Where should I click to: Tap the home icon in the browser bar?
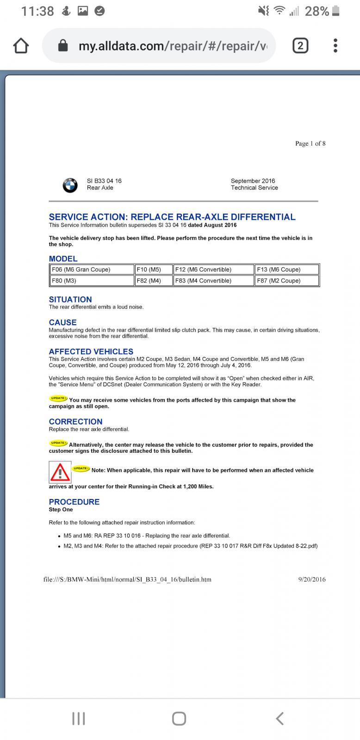point(21,46)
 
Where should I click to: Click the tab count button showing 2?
point(300,46)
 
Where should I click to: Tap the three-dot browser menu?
point(335,46)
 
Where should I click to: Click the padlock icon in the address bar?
point(63,46)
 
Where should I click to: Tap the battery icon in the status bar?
point(336,11)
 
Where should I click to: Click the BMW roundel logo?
point(70,185)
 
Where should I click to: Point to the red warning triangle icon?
point(60,472)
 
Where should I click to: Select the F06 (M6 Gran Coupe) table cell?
point(92,270)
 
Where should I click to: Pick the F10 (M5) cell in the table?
point(154,270)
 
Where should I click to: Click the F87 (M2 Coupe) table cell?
point(287,281)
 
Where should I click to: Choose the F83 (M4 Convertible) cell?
point(213,281)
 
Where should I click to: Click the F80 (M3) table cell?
point(92,281)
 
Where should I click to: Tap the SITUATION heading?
point(70,300)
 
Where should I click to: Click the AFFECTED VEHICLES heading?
point(91,351)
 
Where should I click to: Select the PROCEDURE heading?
point(74,502)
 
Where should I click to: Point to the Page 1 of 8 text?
point(310,143)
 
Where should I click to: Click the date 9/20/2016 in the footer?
point(312,579)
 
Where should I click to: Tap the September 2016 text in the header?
point(253,181)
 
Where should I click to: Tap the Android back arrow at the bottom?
point(279,718)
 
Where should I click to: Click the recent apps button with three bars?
point(79,718)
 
